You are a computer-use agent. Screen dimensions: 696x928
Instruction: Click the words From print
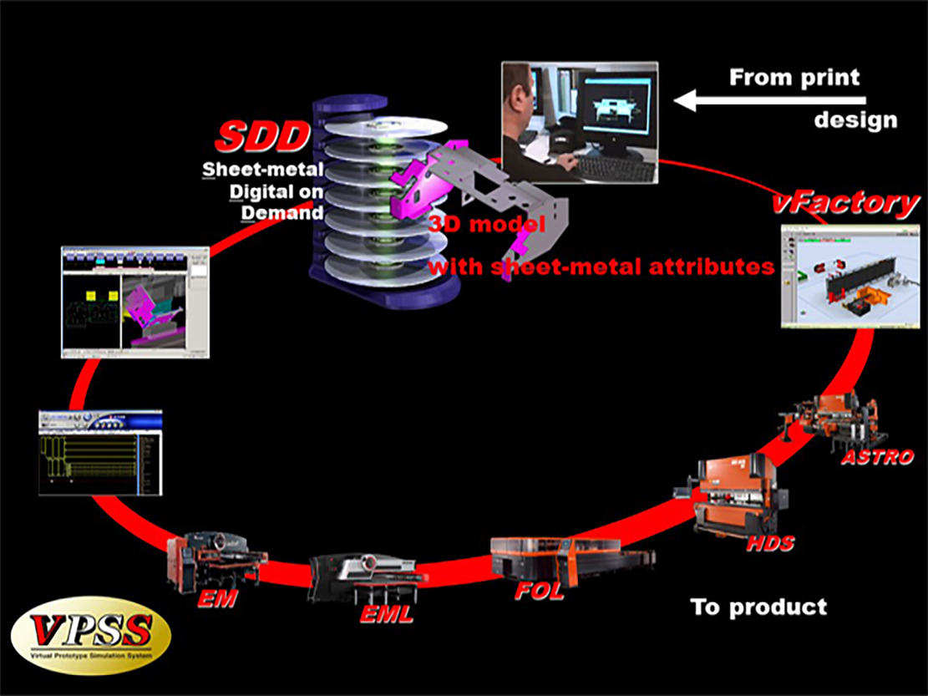pyautogui.click(x=794, y=78)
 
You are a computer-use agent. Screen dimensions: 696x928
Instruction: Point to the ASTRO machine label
pyautogui.click(x=877, y=457)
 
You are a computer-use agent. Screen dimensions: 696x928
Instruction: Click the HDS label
pyautogui.click(x=770, y=544)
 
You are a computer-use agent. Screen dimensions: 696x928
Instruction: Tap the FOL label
pyautogui.click(x=539, y=592)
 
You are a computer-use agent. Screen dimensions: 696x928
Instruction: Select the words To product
pyautogui.click(x=758, y=607)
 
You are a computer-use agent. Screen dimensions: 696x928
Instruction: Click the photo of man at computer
pyautogui.click(x=579, y=122)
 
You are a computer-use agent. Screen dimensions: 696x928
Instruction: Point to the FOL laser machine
pyautogui.click(x=568, y=558)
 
